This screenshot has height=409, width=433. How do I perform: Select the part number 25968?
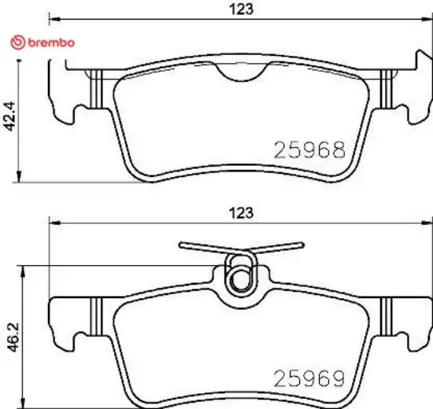(309, 149)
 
